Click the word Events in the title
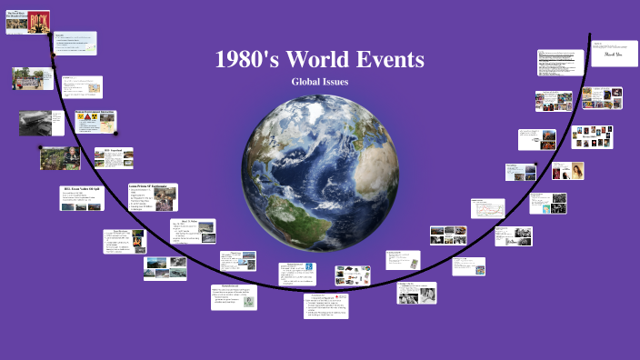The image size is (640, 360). (390, 61)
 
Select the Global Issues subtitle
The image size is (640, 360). (319, 82)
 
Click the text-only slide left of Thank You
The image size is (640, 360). (560, 63)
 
